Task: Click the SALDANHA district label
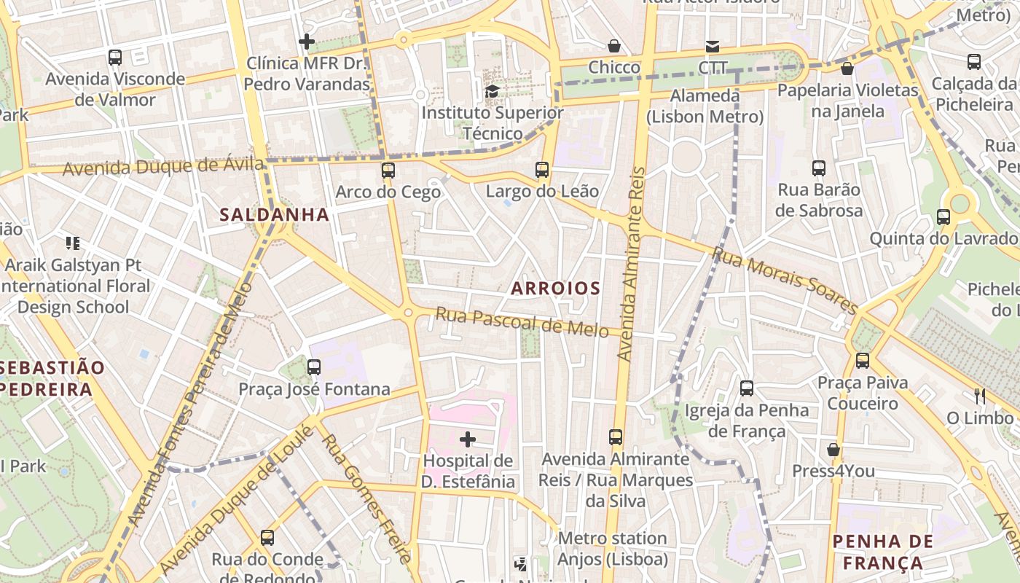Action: coord(275,214)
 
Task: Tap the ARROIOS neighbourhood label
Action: coord(555,288)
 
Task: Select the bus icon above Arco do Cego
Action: coord(388,171)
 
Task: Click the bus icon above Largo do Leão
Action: coord(542,170)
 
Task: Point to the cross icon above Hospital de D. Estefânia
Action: coord(468,439)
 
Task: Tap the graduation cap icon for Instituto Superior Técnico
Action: coord(493,91)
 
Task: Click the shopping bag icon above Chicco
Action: coord(614,46)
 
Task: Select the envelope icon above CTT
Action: coord(713,47)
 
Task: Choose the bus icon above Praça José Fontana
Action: coord(314,367)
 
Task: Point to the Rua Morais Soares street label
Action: coord(784,280)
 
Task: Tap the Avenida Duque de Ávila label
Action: coord(162,167)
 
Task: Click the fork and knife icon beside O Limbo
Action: coord(980,396)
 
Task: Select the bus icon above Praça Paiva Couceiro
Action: coord(863,361)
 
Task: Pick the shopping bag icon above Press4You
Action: coord(833,450)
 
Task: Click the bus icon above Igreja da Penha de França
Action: coord(747,388)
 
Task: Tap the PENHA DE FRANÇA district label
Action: coord(882,552)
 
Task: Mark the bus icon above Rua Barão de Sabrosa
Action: coord(819,168)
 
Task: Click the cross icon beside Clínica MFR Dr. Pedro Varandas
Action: coord(307,42)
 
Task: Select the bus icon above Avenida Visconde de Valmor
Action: coord(115,57)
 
